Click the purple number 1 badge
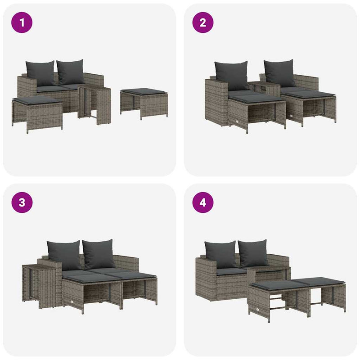pos(22,22)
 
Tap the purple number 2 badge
pos(203,22)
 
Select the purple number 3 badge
pos(22,202)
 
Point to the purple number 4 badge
pos(203,202)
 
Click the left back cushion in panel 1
pos(40,73)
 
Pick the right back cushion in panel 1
pos(71,72)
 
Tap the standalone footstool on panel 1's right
pos(144,103)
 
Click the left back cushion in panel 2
pos(231,75)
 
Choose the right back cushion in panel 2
pos(280,73)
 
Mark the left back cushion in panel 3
pos(63,255)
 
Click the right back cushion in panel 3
pos(99,254)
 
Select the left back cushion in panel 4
pos(220,254)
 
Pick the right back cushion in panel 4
pos(253,253)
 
